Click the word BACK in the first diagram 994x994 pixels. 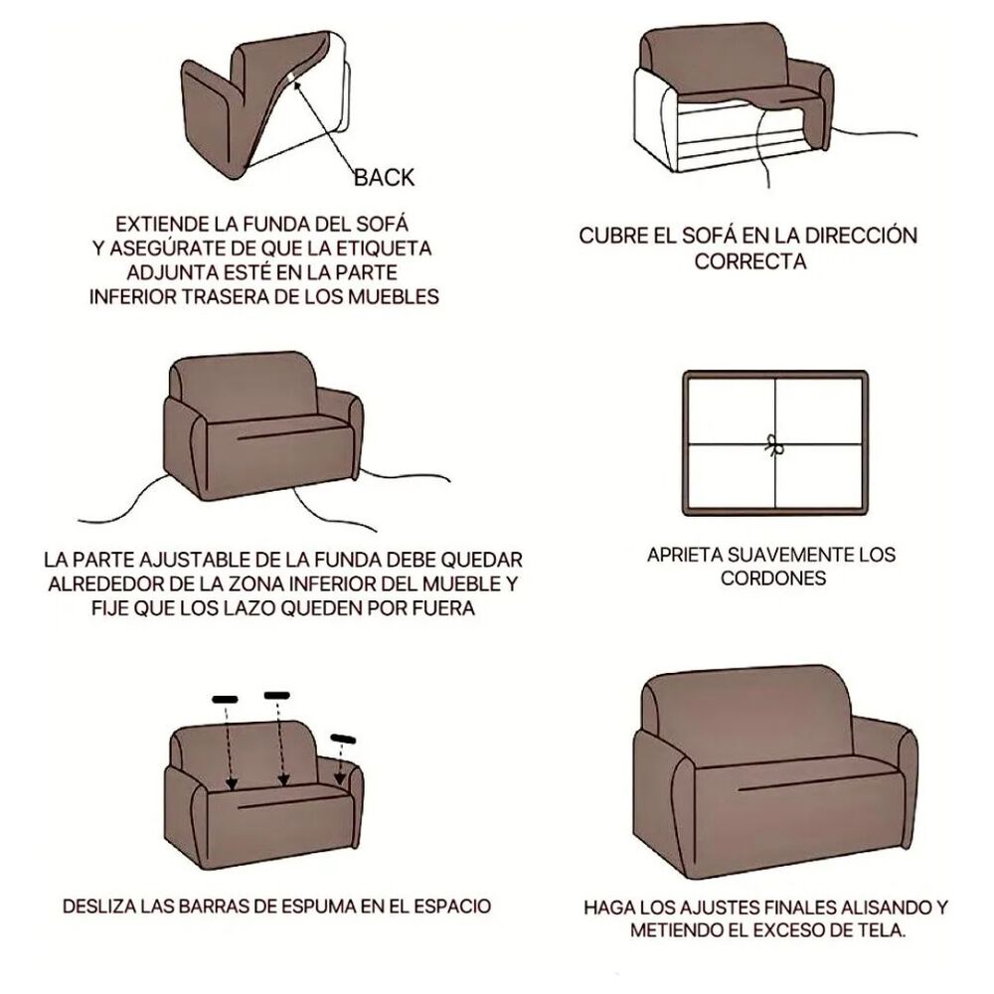coord(385,178)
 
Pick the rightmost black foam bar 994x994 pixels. coord(343,737)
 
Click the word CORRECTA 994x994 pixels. coord(749,262)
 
